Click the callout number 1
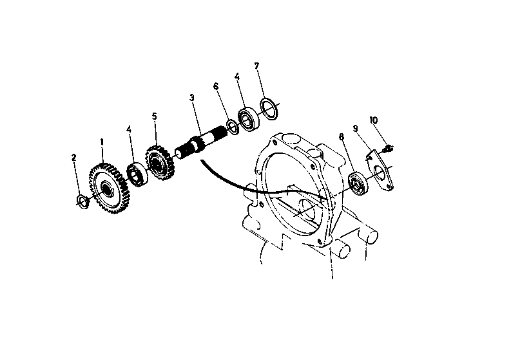pyautogui.click(x=102, y=142)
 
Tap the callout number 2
pyautogui.click(x=73, y=158)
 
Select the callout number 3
pyautogui.click(x=192, y=97)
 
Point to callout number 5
pyautogui.click(x=155, y=116)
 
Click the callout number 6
pyautogui.click(x=216, y=86)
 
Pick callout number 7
pyautogui.click(x=256, y=66)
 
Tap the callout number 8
pyautogui.click(x=342, y=136)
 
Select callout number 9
pyautogui.click(x=355, y=129)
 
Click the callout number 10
pyautogui.click(x=374, y=120)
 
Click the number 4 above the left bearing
pyautogui.click(x=129, y=129)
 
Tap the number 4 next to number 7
pyautogui.click(x=237, y=77)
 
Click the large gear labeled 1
pyautogui.click(x=110, y=189)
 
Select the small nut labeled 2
pyautogui.click(x=82, y=201)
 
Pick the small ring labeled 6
pyautogui.click(x=233, y=127)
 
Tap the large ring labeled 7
pyautogui.click(x=269, y=108)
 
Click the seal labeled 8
pyautogui.click(x=358, y=183)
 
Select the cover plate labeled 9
pyautogui.click(x=380, y=170)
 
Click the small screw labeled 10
pyautogui.click(x=388, y=149)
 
